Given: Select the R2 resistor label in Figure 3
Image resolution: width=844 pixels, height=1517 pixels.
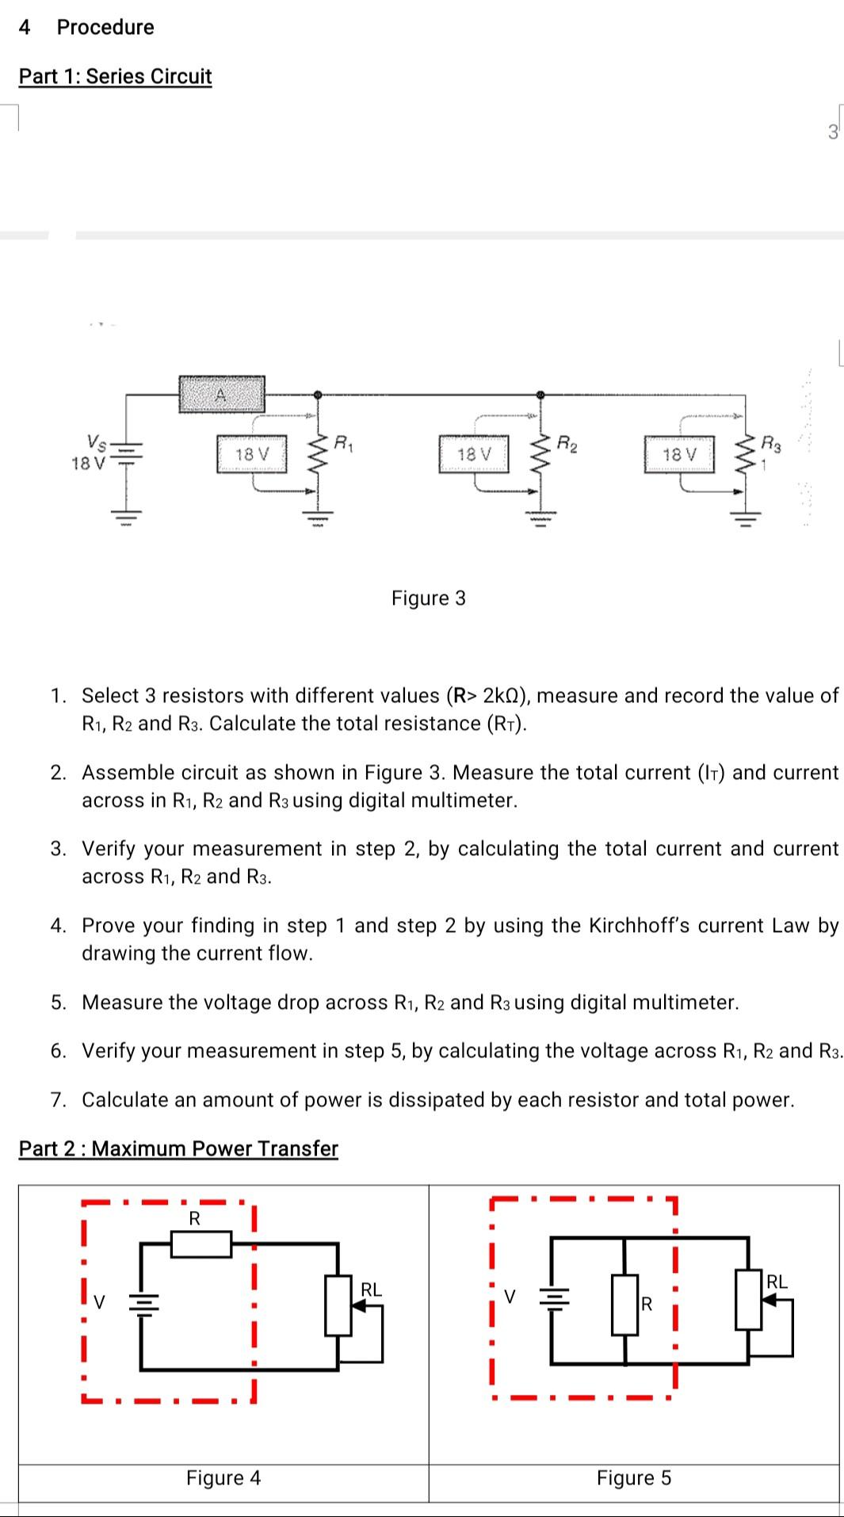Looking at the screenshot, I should coord(567,442).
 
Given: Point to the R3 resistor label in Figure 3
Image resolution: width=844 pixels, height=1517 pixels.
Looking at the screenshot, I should coord(770,442).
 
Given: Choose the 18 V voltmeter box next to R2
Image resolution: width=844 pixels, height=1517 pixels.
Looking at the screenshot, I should coord(474,454).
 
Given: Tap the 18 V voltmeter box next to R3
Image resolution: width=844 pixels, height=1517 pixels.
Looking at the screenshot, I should coord(679,454).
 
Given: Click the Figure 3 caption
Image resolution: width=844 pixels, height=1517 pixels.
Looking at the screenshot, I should coord(428,598).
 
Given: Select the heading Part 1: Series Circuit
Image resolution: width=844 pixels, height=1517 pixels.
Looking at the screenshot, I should coord(115,76).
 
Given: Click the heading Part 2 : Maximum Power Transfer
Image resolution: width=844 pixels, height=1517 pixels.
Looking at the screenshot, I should coord(178,1148).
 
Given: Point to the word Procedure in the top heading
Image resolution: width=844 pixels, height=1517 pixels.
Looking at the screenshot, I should coord(105,27).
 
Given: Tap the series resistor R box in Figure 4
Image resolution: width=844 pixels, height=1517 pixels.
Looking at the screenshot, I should coord(201,1244).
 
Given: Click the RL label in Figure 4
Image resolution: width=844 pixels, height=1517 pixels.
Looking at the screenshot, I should coord(371,1290).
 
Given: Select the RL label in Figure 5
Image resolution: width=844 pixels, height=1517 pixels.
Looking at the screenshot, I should coord(777,1282).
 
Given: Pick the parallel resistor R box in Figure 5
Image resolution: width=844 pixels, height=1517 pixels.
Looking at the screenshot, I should coord(625,1304).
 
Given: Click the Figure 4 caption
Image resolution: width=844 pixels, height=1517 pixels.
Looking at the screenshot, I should coord(223,1478).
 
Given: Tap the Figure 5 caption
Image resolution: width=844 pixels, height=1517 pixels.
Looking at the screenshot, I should coord(633,1478).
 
